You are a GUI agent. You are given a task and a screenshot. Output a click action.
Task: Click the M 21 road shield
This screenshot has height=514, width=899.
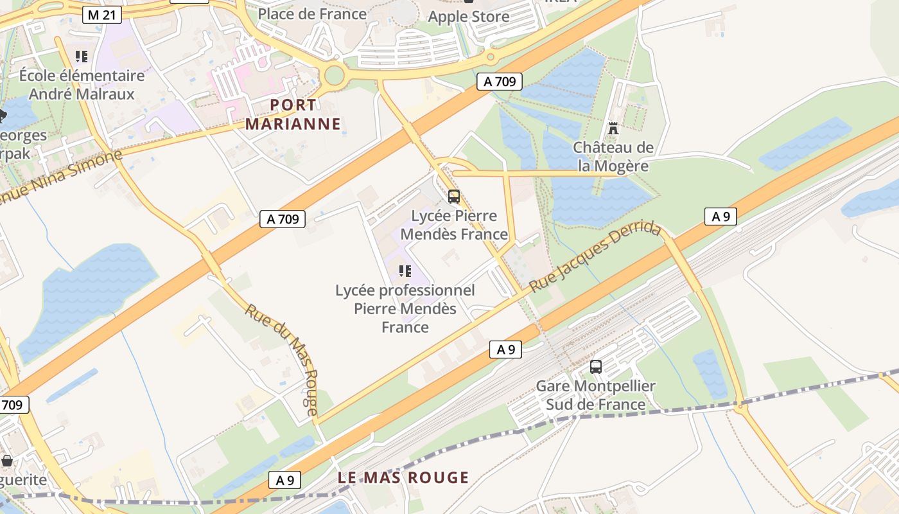tap(102, 15)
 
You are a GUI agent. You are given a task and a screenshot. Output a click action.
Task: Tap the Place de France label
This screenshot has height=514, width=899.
tap(312, 13)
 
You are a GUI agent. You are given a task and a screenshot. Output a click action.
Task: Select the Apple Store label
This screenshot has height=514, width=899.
tap(469, 17)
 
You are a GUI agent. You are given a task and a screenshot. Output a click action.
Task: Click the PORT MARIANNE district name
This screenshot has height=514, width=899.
tap(293, 114)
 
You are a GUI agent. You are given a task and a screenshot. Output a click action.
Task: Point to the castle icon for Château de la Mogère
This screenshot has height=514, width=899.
tap(613, 128)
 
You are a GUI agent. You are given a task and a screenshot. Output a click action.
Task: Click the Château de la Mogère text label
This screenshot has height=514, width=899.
tap(613, 157)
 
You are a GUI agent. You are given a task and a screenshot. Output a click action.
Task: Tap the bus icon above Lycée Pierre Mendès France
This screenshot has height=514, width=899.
tap(454, 197)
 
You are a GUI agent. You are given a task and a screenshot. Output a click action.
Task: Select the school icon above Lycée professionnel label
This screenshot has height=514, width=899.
tap(405, 271)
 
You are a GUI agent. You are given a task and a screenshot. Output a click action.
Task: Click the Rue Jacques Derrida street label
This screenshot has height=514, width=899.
tap(595, 257)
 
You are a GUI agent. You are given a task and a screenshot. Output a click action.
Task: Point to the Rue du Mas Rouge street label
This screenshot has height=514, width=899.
tap(282, 360)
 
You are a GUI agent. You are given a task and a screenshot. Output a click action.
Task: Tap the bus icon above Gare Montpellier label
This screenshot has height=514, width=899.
tap(596, 367)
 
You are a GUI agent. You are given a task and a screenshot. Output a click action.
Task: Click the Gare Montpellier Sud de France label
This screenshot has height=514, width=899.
tap(595, 395)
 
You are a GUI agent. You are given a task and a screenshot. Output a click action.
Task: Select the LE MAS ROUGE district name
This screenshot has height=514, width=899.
tap(403, 477)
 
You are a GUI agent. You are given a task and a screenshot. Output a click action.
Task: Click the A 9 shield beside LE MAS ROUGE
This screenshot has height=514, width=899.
tap(284, 479)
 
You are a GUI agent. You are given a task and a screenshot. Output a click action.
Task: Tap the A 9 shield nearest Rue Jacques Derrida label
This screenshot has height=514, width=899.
tap(720, 217)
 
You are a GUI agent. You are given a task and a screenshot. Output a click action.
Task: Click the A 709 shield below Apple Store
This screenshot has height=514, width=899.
tap(499, 82)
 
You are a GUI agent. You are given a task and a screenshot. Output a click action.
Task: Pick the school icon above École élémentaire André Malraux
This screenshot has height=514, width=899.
tap(81, 57)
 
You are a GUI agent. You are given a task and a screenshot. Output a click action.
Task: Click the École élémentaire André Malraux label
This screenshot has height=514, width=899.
tap(82, 85)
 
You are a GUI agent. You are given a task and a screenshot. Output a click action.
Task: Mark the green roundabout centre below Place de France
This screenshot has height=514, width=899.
tap(335, 75)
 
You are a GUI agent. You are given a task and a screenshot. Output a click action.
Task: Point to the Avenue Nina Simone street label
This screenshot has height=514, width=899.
tap(61, 177)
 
